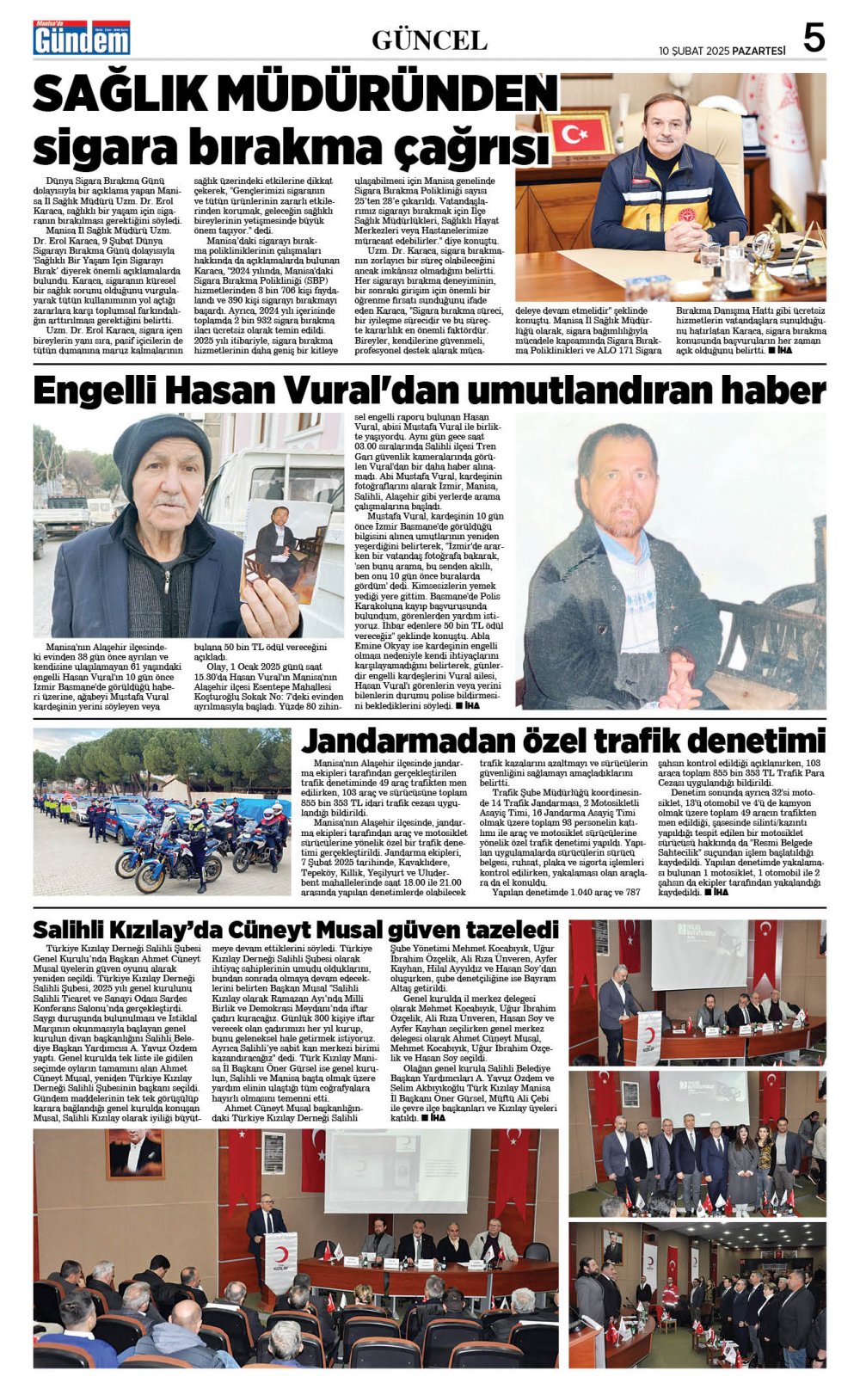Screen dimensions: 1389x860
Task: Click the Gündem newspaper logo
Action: tap(81, 38)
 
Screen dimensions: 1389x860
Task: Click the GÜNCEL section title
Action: tap(429, 40)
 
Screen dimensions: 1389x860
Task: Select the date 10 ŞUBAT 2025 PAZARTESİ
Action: tap(722, 51)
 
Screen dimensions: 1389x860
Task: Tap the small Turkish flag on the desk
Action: tap(575, 135)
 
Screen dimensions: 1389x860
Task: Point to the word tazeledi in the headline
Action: tap(511, 930)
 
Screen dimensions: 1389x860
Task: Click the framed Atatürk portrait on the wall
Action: tap(135, 1153)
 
